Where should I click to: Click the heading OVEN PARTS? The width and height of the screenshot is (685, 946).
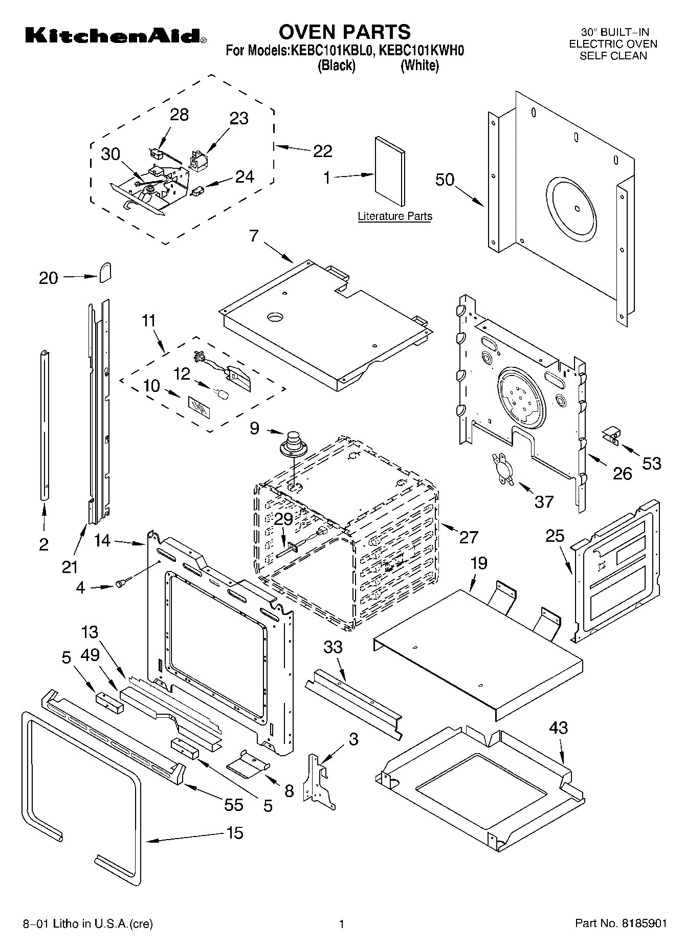[x=344, y=32]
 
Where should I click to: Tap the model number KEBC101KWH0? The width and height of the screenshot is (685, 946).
[x=422, y=51]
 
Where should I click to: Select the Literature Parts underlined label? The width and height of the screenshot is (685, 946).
[x=394, y=216]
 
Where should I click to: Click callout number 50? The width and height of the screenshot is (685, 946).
[x=445, y=180]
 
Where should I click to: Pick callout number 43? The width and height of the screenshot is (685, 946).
[x=559, y=728]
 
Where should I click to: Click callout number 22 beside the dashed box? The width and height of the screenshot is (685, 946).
[x=323, y=151]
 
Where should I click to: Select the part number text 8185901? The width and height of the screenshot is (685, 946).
[x=645, y=923]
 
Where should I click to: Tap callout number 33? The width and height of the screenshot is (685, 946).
[x=333, y=647]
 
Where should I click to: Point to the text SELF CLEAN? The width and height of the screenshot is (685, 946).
[x=613, y=56]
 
